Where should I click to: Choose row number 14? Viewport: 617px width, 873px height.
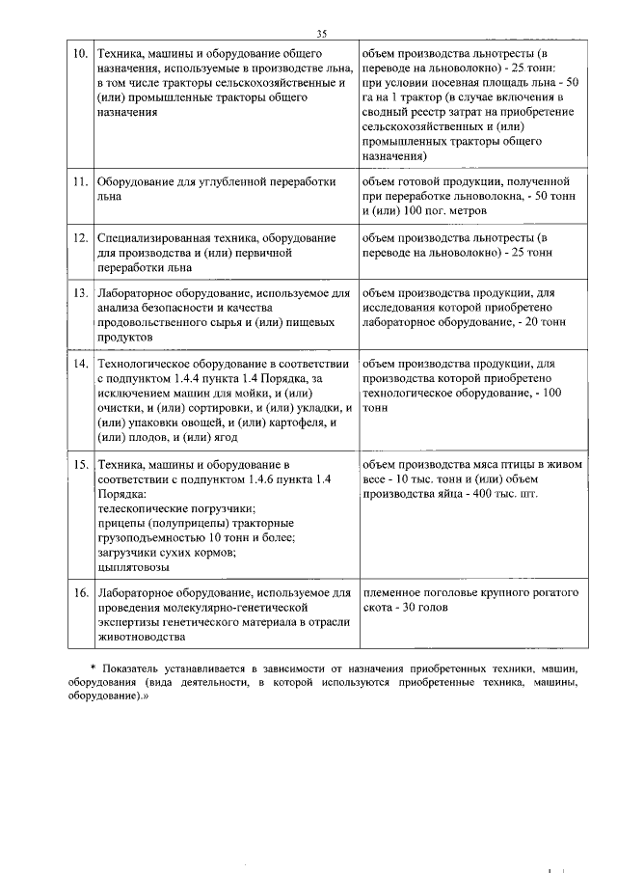(80, 365)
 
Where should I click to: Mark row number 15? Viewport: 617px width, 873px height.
(80, 466)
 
